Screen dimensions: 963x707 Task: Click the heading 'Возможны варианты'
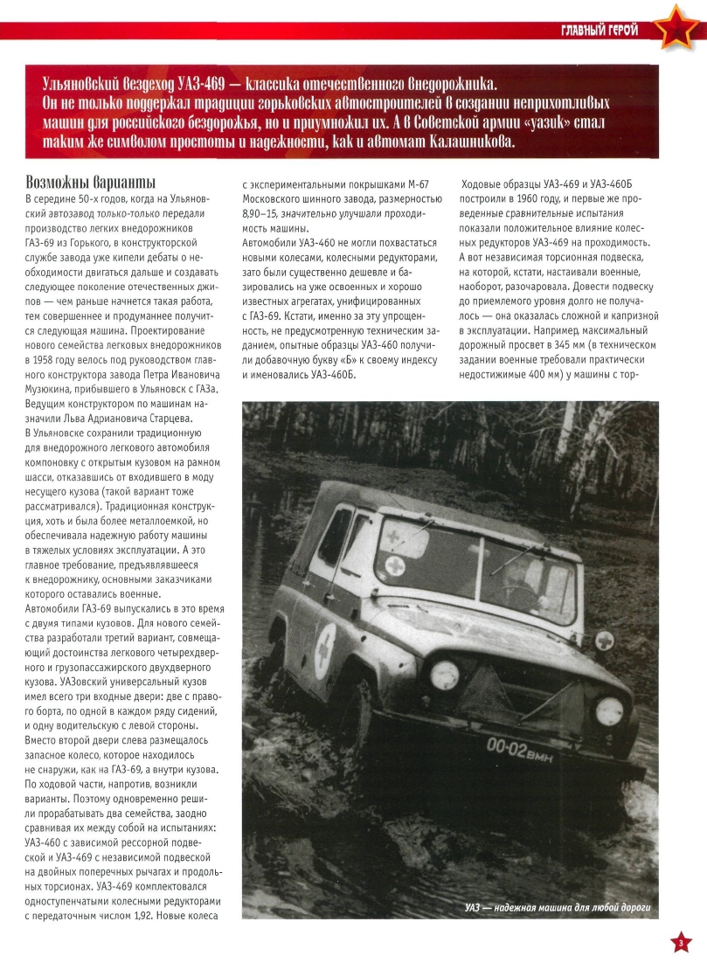click(x=92, y=184)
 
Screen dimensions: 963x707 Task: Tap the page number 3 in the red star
click(x=682, y=941)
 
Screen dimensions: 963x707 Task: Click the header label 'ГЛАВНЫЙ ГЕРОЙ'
click(x=600, y=31)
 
